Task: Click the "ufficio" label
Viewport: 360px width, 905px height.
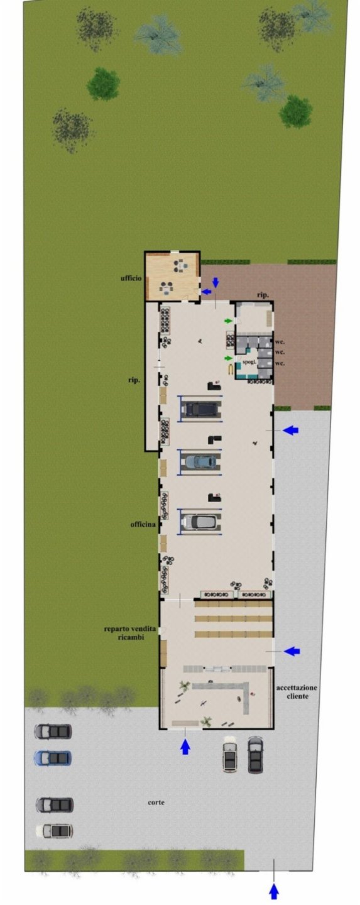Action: [x=131, y=278]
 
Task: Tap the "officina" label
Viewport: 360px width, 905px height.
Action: [x=143, y=524]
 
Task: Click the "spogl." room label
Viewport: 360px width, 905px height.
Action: [x=249, y=362]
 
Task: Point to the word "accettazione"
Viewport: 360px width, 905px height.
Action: [x=297, y=688]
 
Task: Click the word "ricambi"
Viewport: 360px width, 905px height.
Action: [x=131, y=637]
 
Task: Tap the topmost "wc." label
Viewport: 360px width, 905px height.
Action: [x=280, y=342]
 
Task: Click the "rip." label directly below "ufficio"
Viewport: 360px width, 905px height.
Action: [x=134, y=380]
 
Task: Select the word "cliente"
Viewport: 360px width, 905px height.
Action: [x=297, y=696]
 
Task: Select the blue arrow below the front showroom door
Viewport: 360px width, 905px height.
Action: [x=185, y=747]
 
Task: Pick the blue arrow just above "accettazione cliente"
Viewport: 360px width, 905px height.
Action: [x=292, y=651]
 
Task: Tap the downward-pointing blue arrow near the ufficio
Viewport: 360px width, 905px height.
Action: [x=215, y=282]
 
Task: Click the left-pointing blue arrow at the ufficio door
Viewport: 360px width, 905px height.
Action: [x=207, y=292]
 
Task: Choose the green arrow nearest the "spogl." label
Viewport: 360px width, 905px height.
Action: [x=229, y=358]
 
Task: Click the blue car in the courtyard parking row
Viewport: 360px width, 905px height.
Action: [x=53, y=758]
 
